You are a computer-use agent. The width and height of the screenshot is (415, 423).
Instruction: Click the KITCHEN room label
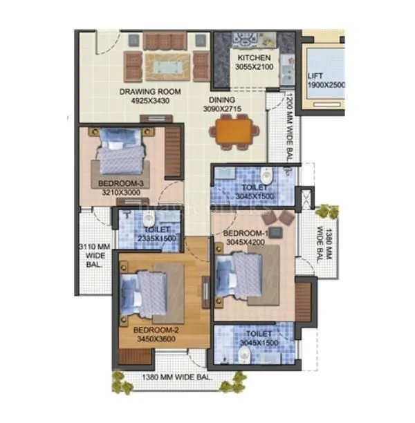click(x=255, y=58)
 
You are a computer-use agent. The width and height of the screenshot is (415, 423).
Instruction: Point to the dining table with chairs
click(x=232, y=131)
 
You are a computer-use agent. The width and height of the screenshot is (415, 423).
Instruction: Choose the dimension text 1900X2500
click(x=326, y=86)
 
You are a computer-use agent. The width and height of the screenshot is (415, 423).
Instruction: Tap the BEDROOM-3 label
click(x=120, y=183)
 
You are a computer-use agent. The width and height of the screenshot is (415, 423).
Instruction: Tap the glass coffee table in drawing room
click(x=167, y=67)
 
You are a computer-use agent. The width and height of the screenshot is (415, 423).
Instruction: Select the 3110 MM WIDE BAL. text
click(x=93, y=254)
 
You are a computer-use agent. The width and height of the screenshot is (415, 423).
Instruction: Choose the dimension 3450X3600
click(x=155, y=339)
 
